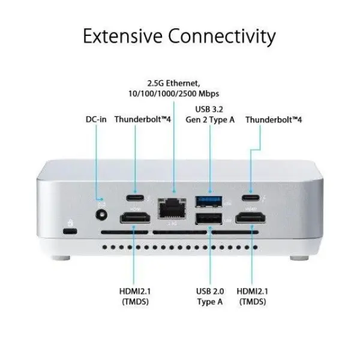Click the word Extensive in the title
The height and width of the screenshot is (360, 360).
(x=122, y=36)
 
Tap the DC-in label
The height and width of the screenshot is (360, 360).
(x=96, y=119)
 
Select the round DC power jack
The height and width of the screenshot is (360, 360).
(x=101, y=215)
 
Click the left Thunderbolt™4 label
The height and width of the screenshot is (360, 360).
(x=143, y=119)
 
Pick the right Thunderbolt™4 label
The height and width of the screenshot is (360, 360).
(x=274, y=119)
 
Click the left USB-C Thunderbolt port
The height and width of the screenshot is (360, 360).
(x=135, y=197)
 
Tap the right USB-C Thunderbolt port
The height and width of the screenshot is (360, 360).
(x=251, y=197)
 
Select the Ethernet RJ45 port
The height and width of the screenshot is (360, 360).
(x=172, y=208)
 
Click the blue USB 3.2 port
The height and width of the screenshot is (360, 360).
(x=209, y=202)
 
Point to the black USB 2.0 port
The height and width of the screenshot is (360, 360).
(x=209, y=219)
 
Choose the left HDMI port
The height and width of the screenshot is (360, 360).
(x=135, y=218)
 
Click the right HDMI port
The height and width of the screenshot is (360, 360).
(x=251, y=218)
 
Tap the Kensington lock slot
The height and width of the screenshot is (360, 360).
(x=70, y=231)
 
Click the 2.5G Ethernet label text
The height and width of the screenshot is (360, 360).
(x=173, y=88)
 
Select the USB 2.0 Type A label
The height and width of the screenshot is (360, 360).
(x=210, y=296)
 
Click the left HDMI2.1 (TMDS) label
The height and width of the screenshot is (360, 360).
(x=135, y=296)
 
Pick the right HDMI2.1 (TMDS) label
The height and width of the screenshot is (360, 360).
(x=253, y=296)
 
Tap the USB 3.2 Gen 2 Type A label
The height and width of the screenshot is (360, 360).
(x=210, y=115)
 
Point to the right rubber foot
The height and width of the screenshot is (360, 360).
(x=299, y=258)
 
